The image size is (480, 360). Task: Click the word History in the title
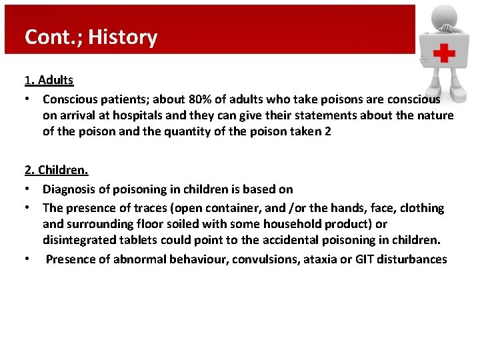[123, 37]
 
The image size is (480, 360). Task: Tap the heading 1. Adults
[49, 80]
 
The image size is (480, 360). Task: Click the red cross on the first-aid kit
[441, 53]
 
